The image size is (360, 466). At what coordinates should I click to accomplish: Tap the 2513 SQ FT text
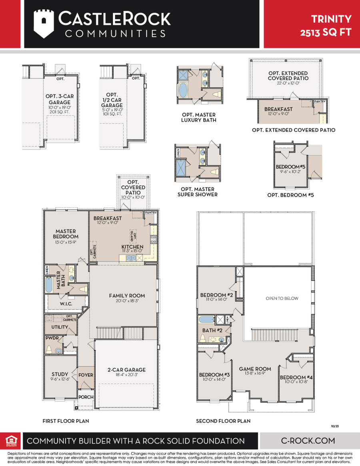coord(326,32)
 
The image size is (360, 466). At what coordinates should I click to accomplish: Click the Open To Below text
coord(282,298)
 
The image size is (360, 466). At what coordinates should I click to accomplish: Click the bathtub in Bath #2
coord(207,319)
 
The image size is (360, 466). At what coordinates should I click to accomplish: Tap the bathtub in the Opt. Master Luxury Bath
coord(182,90)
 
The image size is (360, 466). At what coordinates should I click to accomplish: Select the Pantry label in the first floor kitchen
coord(150,213)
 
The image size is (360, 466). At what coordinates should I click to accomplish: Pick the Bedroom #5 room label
coord(291,167)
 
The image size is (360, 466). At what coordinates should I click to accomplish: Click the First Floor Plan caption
coord(66,421)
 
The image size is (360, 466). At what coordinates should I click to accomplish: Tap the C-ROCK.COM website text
coord(308,440)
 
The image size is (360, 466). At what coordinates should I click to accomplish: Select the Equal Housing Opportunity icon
coord(11,440)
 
